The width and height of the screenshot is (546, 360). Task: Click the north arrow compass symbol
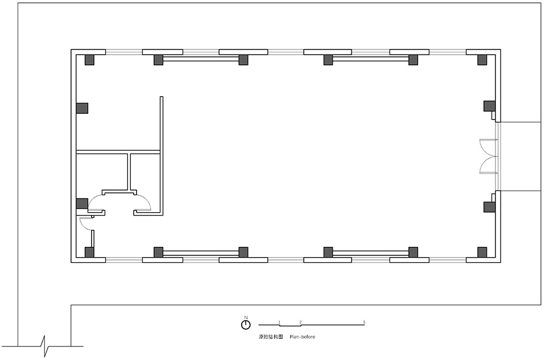point(246,324)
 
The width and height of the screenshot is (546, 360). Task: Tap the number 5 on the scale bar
point(364,322)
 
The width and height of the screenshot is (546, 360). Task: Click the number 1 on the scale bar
point(279,322)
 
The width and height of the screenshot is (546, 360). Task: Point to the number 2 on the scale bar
point(300,322)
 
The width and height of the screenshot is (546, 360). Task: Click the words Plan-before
point(302,337)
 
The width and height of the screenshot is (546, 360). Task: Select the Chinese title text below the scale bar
point(271,337)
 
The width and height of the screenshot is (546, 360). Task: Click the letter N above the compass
point(246,317)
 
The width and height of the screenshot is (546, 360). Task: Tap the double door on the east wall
point(488,156)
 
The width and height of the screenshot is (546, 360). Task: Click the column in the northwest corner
point(89,59)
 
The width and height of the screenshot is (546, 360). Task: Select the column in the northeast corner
point(482,59)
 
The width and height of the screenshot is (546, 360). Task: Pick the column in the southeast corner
point(482,252)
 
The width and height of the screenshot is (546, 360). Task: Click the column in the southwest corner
point(89,252)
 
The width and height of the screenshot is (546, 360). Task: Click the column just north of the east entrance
point(489,106)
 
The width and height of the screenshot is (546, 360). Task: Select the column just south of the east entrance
point(489,206)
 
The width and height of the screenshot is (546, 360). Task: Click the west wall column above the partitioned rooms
point(82,108)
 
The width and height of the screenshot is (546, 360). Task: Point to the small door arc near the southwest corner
point(85,224)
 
